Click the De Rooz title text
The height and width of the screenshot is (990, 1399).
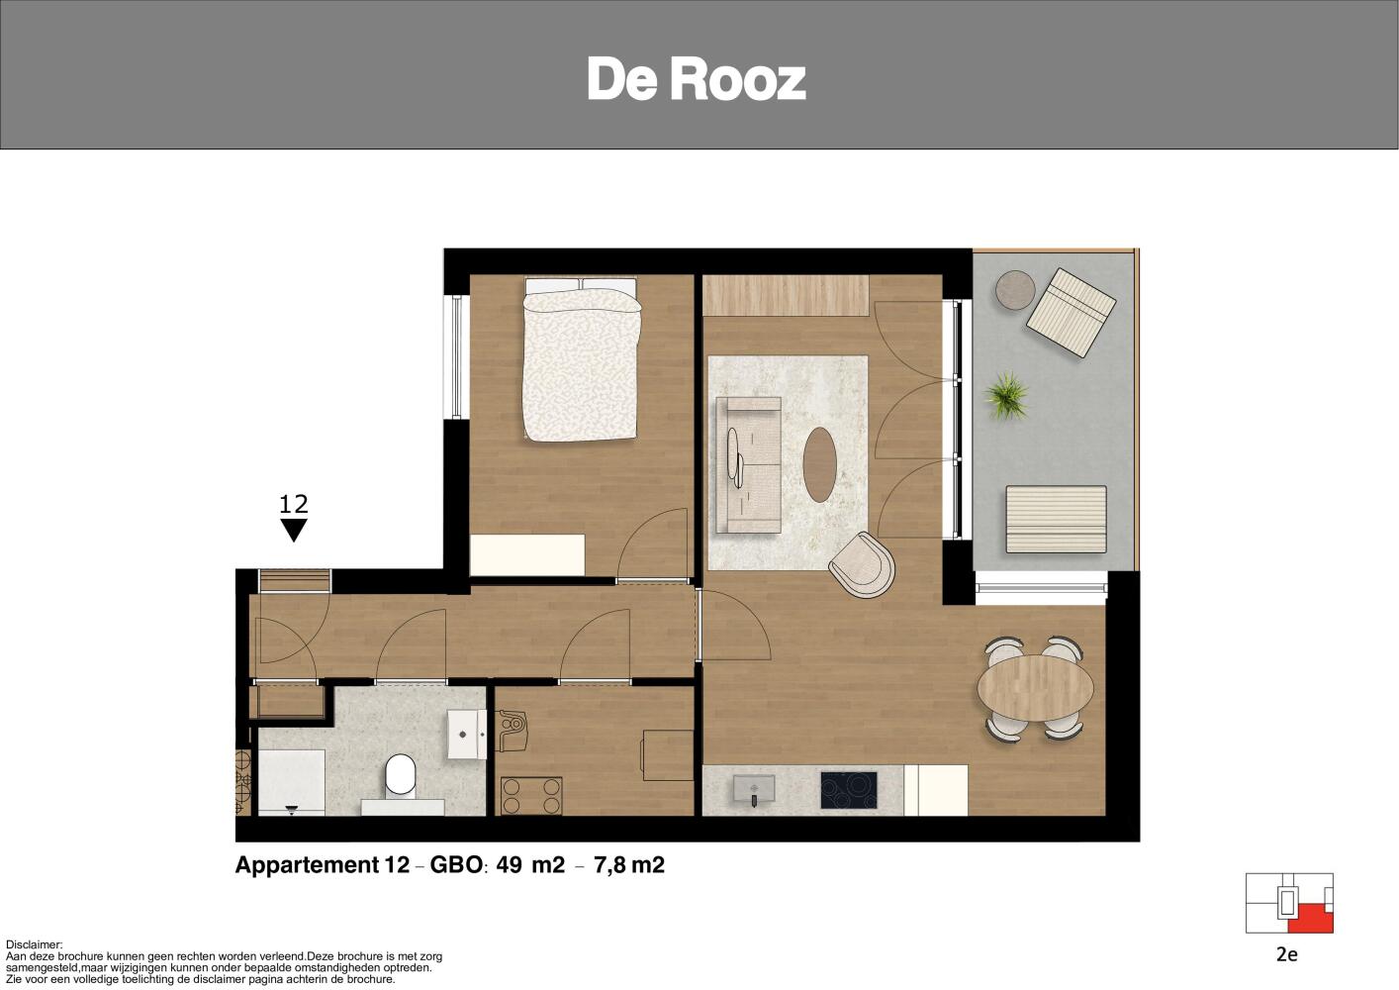(x=697, y=79)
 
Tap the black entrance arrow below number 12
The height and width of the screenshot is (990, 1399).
(x=294, y=530)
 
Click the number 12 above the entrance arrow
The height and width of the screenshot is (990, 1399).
(x=294, y=504)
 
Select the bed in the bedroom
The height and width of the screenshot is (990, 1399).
(x=582, y=359)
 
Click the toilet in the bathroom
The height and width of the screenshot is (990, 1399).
(x=401, y=776)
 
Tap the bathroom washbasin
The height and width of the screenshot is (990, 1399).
(x=467, y=734)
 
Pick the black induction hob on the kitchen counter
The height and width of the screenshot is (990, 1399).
(x=849, y=790)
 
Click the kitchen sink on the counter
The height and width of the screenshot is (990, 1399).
(x=755, y=789)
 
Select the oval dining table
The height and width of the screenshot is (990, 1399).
(x=1036, y=687)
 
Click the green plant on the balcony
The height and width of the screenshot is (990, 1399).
(x=1006, y=395)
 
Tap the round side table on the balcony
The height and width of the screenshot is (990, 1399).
(x=1015, y=290)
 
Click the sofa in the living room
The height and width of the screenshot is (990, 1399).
(x=748, y=465)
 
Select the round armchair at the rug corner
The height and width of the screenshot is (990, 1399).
(x=863, y=566)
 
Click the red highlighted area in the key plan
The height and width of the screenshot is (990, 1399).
(x=1310, y=918)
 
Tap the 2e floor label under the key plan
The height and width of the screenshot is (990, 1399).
(x=1287, y=954)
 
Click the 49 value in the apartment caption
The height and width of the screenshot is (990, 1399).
(x=509, y=865)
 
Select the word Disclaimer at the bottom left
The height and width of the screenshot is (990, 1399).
(x=35, y=944)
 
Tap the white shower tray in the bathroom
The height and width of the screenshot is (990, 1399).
(x=291, y=782)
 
